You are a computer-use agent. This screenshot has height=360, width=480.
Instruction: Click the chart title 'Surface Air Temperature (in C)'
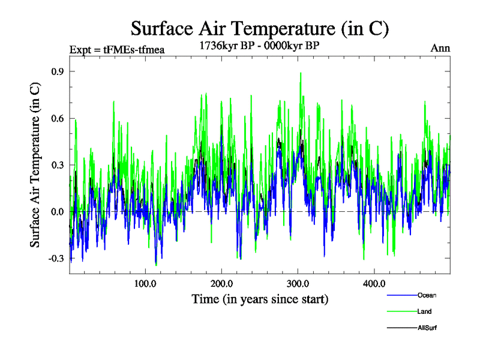[260, 28]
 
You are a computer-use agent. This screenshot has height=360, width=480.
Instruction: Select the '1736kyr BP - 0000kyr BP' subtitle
[260, 44]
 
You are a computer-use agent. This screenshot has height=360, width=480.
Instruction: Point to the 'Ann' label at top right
[440, 48]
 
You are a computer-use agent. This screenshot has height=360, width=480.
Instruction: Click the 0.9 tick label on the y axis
[58, 71]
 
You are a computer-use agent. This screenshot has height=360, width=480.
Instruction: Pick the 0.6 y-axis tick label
[58, 118]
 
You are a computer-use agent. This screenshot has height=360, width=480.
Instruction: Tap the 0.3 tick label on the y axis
[58, 165]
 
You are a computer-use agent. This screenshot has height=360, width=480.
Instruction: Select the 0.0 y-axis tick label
[58, 212]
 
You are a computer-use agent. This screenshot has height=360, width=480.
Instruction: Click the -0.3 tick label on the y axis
[56, 259]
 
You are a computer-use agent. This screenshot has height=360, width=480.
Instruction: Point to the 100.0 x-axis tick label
[145, 284]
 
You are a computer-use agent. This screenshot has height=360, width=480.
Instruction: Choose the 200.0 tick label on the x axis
[221, 284]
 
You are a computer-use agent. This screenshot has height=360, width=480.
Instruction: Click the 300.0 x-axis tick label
[298, 284]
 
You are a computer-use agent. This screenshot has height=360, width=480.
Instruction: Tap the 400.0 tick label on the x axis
[374, 284]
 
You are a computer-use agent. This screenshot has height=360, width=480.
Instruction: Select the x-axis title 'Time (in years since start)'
[260, 299]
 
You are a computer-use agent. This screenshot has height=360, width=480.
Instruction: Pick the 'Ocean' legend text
[427, 295]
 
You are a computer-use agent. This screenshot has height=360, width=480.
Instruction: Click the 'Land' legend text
[424, 311]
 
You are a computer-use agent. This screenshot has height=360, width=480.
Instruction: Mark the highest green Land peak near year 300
[301, 73]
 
